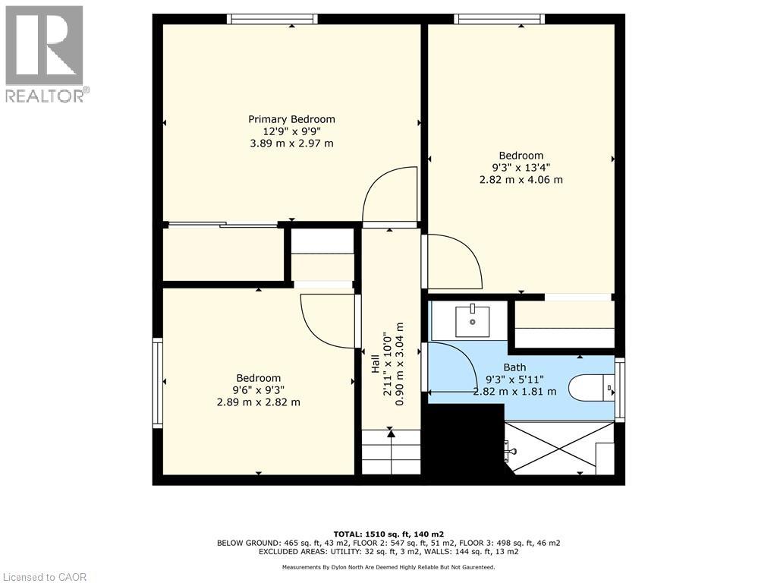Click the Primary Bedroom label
pos(291,119)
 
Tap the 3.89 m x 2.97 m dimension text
pos(291,143)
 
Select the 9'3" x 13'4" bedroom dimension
pos(521,168)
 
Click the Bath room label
pos(514,367)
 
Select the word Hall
pos(375,364)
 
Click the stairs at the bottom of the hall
pos(391,452)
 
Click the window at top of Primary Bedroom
pos(272,19)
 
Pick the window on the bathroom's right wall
pos(620,389)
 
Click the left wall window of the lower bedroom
pos(158,383)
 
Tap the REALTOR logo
pos(45,53)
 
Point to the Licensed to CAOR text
pos(45,577)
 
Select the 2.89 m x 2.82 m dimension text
pos(258,402)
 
